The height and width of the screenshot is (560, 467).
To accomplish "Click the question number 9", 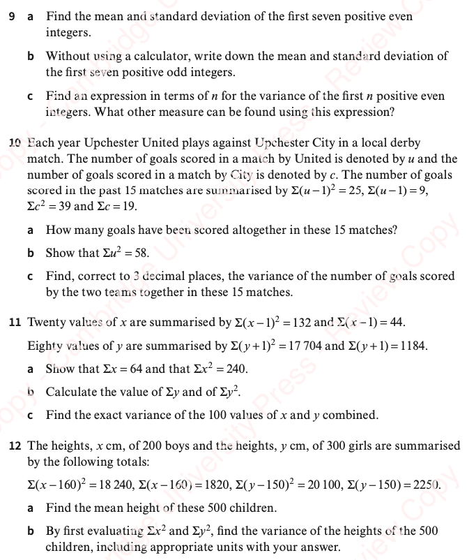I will (x=13, y=15).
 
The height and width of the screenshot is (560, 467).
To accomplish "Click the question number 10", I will (x=15, y=143).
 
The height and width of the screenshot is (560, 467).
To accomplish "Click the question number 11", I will (x=14, y=323).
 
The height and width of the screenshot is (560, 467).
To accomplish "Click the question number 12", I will (x=14, y=445).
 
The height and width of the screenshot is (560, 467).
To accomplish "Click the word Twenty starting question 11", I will (x=45, y=323).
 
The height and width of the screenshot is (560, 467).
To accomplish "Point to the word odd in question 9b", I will (x=172, y=72).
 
